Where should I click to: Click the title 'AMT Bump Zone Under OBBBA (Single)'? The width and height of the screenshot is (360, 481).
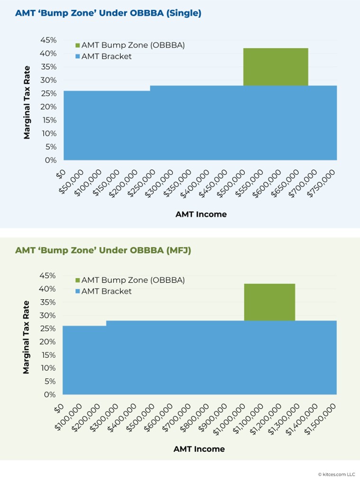tap(108, 13)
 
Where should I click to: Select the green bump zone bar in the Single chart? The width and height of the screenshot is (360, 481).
tap(276, 67)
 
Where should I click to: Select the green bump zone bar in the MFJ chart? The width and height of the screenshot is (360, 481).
tap(270, 302)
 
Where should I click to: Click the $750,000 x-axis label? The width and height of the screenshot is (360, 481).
tap(323, 184)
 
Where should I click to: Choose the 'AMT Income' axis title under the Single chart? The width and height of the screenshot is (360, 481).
tap(201, 214)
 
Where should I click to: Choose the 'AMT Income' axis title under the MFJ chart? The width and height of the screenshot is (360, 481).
tap(199, 449)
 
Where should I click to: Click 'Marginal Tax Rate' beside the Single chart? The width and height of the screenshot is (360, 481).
tap(27, 102)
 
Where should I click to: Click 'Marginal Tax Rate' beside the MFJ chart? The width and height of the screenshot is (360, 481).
tap(26, 337)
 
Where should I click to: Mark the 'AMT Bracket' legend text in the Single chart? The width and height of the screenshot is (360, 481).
tap(107, 56)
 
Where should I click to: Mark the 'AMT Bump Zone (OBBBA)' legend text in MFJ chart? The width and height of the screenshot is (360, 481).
tap(133, 280)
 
